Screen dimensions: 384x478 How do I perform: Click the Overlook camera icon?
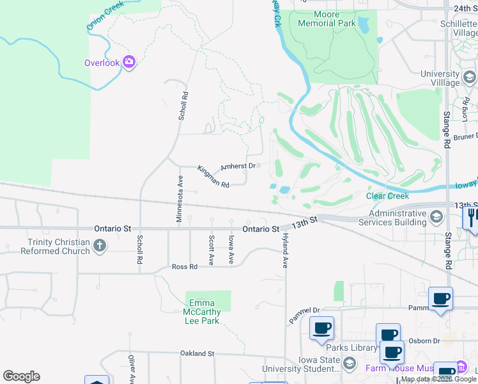pos(130,62)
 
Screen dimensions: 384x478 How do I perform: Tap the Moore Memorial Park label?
pos(326,19)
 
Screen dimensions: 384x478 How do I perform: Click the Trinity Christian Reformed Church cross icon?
pos(99,245)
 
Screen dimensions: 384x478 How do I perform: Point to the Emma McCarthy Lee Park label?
pos(204,312)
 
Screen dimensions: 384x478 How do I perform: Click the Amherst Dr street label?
pos(238,166)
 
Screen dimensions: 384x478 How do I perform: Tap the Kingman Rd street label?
pos(213,177)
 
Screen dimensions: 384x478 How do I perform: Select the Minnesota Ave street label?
pos(180,203)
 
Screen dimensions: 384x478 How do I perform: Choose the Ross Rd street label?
pos(184,267)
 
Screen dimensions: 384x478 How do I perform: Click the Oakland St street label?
pos(197,353)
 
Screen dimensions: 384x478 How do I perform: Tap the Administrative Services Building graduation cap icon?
pos(436,216)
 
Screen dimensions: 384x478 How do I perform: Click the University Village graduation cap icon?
pos(469,78)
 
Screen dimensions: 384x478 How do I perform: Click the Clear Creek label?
pos(387,196)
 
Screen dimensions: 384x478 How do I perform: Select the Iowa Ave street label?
pos(231,250)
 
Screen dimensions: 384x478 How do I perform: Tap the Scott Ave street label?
pos(211,250)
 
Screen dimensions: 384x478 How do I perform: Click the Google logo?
pos(21,376)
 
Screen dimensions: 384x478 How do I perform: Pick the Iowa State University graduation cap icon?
pos(349,364)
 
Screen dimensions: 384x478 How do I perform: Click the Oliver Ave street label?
pos(131,369)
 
